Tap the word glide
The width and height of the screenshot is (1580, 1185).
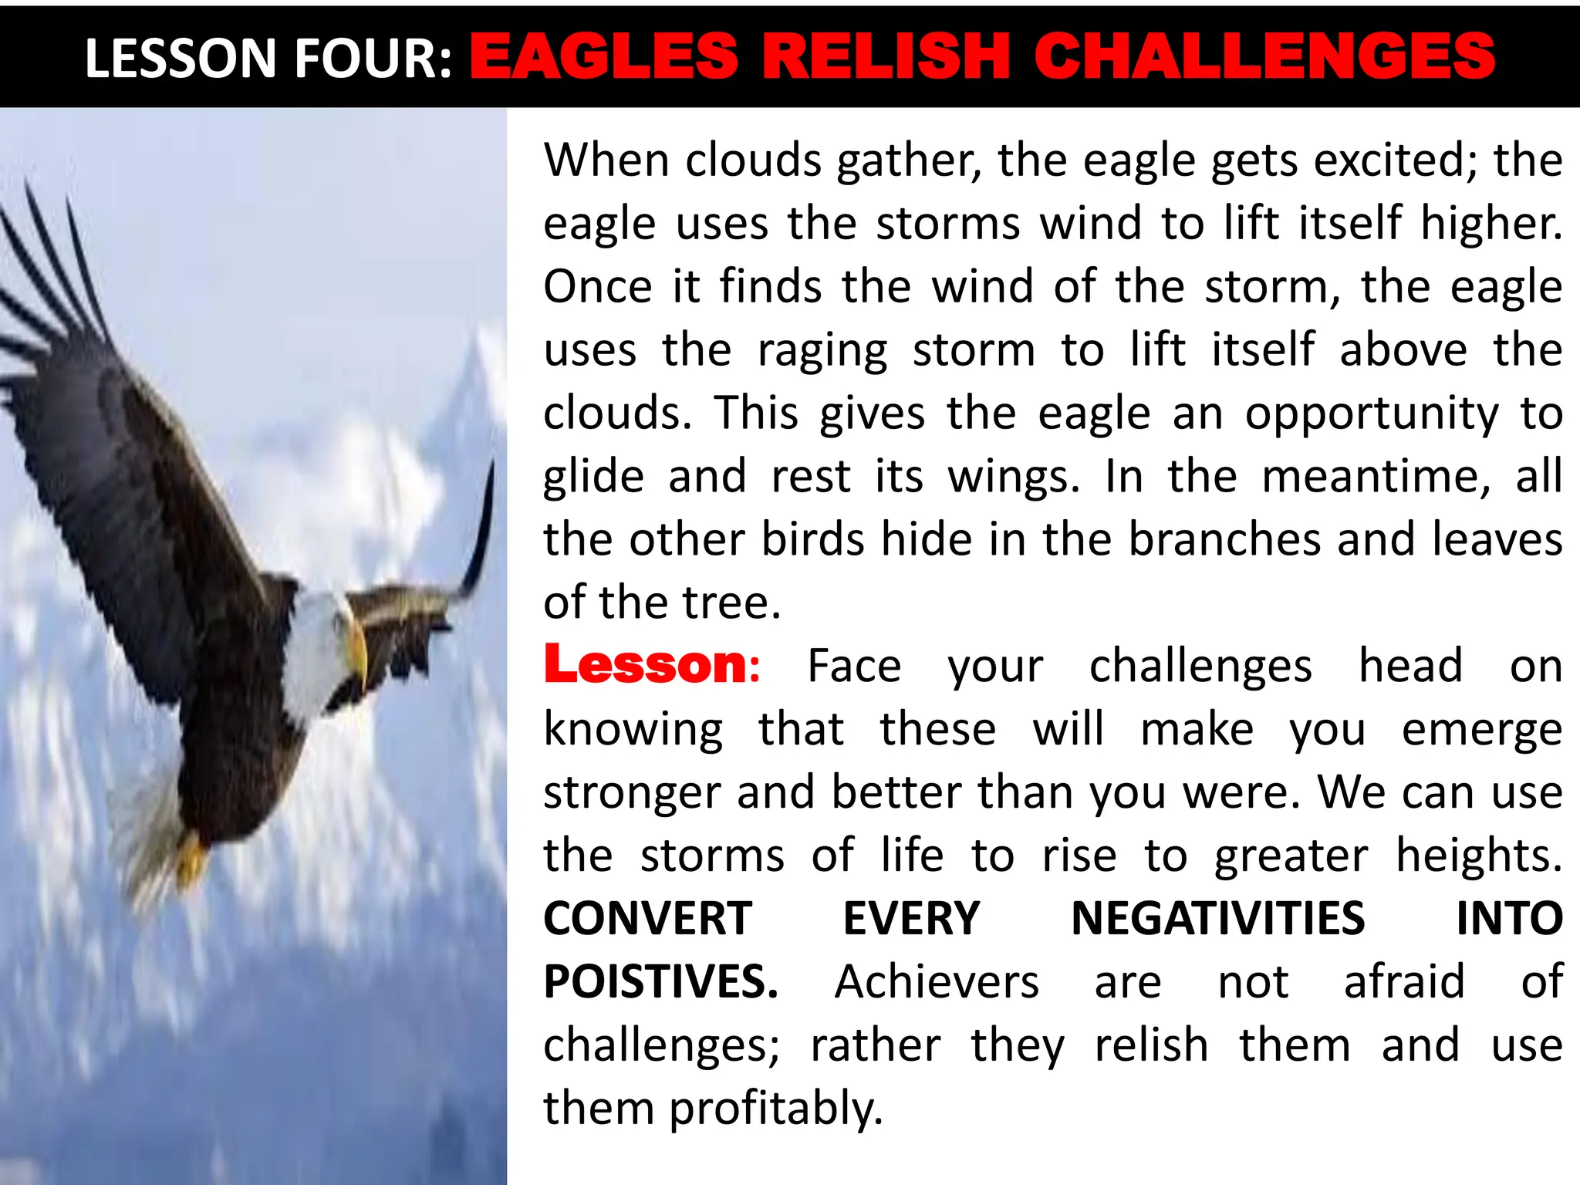click(x=593, y=477)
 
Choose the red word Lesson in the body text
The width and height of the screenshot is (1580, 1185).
click(x=645, y=665)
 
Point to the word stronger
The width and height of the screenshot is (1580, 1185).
click(x=631, y=793)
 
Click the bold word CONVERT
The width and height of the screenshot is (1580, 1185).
click(x=647, y=919)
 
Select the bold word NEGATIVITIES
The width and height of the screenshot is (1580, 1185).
click(x=1217, y=919)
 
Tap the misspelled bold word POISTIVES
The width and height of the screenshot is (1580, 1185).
click(x=660, y=982)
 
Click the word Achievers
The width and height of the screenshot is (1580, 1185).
click(x=937, y=982)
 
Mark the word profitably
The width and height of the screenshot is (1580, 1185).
click(x=775, y=1109)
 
